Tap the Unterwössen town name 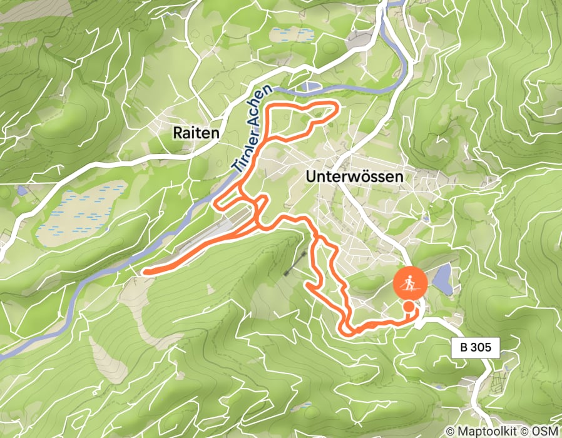click(354, 177)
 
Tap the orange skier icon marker click(410, 285)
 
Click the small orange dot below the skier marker click(409, 307)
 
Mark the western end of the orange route click(145, 272)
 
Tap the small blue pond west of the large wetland click(23, 190)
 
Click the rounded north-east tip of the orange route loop click(337, 109)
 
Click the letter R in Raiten click(177, 133)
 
